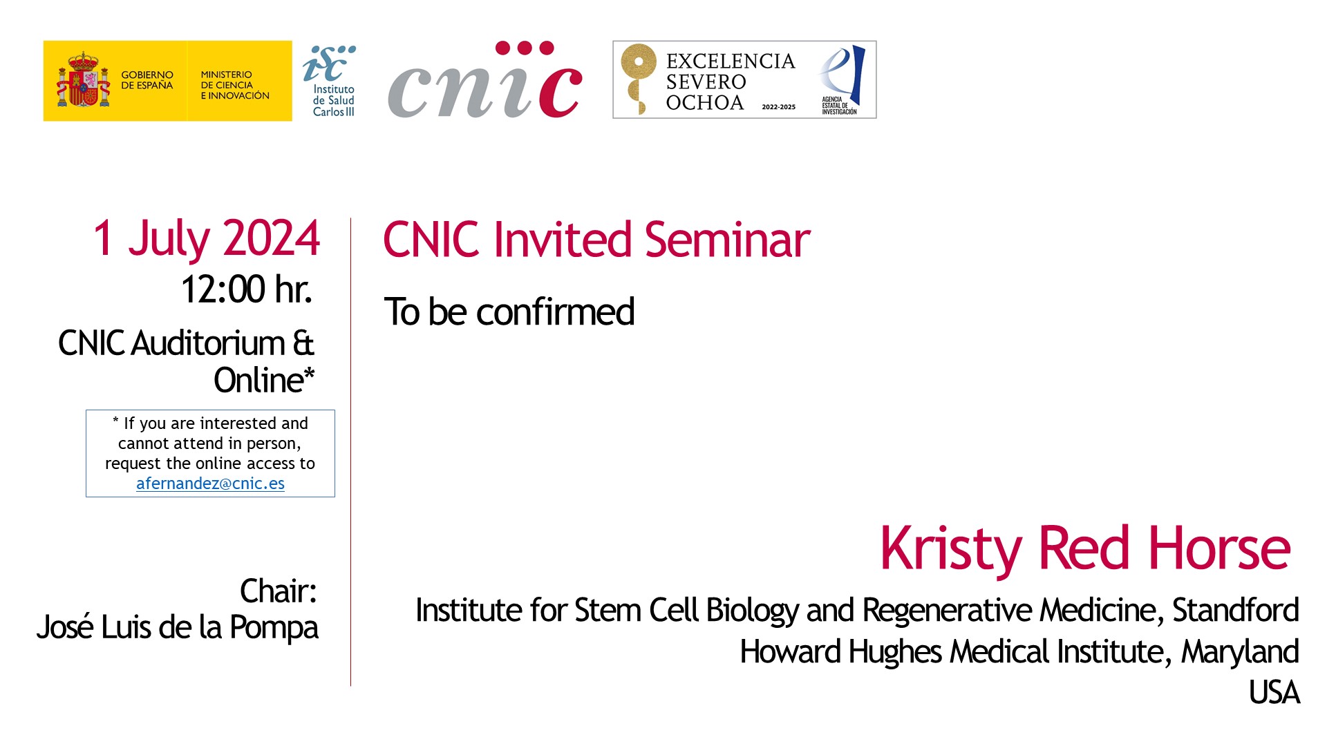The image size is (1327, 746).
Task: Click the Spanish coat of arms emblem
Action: tap(83, 80)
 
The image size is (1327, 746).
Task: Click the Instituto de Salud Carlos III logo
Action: tap(330, 81)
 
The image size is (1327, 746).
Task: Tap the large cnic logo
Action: tap(485, 80)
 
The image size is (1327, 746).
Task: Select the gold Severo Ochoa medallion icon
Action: tap(637, 78)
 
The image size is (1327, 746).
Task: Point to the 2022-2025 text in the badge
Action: tap(778, 107)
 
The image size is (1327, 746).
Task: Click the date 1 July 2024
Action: tap(207, 239)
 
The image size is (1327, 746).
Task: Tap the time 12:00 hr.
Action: tap(247, 289)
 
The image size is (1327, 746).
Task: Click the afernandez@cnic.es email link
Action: tap(210, 484)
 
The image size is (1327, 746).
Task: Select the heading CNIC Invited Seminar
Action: tap(596, 240)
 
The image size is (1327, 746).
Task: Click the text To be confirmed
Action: tap(509, 312)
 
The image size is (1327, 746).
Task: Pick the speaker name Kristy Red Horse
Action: tap(1085, 549)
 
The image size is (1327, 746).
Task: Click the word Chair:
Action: tap(279, 591)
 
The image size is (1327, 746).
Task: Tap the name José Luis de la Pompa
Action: tap(178, 628)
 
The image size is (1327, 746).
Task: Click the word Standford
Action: tap(1236, 610)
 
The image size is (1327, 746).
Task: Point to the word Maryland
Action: tap(1241, 651)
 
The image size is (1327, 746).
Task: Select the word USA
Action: tap(1274, 692)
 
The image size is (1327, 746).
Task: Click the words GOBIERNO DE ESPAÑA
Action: tap(147, 80)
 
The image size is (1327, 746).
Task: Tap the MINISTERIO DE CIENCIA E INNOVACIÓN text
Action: tap(235, 85)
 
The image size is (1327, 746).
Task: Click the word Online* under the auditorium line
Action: tap(264, 381)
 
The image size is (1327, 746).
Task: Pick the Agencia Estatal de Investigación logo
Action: tap(841, 80)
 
